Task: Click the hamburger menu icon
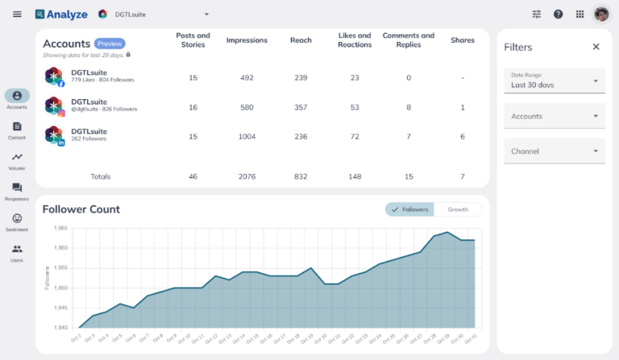[17, 14]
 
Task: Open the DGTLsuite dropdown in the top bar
[153, 14]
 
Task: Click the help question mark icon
[558, 14]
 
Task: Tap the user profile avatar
[601, 14]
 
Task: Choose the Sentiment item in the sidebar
[17, 222]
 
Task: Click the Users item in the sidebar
[17, 253]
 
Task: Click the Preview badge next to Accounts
[110, 43]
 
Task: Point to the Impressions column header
[247, 40]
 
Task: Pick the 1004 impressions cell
[247, 137]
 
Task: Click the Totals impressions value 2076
[247, 176]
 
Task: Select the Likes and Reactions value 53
[355, 107]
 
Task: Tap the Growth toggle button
[458, 209]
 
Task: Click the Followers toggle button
[410, 209]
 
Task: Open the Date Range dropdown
[554, 81]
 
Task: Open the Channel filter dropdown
[554, 151]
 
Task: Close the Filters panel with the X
[596, 47]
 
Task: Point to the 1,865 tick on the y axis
[61, 229]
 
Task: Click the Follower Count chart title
[81, 209]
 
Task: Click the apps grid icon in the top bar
[580, 14]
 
